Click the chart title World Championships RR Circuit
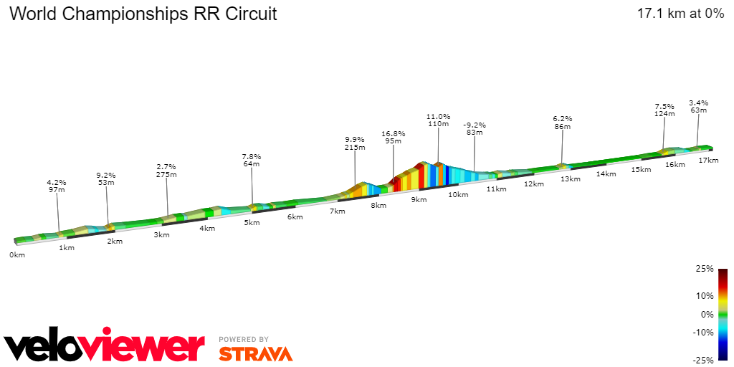click(x=143, y=14)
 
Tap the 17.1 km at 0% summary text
click(x=680, y=14)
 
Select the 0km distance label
click(x=17, y=254)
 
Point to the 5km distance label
click(x=252, y=223)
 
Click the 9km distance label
click(x=419, y=200)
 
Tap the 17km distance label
click(x=708, y=160)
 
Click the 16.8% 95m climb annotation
click(x=393, y=138)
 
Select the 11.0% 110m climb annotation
click(x=438, y=120)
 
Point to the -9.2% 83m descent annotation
click(x=474, y=128)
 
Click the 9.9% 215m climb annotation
click(x=355, y=143)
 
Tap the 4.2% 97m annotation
click(x=57, y=186)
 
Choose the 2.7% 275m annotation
click(x=166, y=171)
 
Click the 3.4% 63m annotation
click(x=698, y=106)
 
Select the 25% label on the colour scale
click(x=705, y=270)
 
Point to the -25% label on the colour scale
click(x=703, y=360)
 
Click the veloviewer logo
click(x=104, y=346)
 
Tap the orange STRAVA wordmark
click(x=255, y=353)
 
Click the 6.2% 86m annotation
click(x=563, y=123)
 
